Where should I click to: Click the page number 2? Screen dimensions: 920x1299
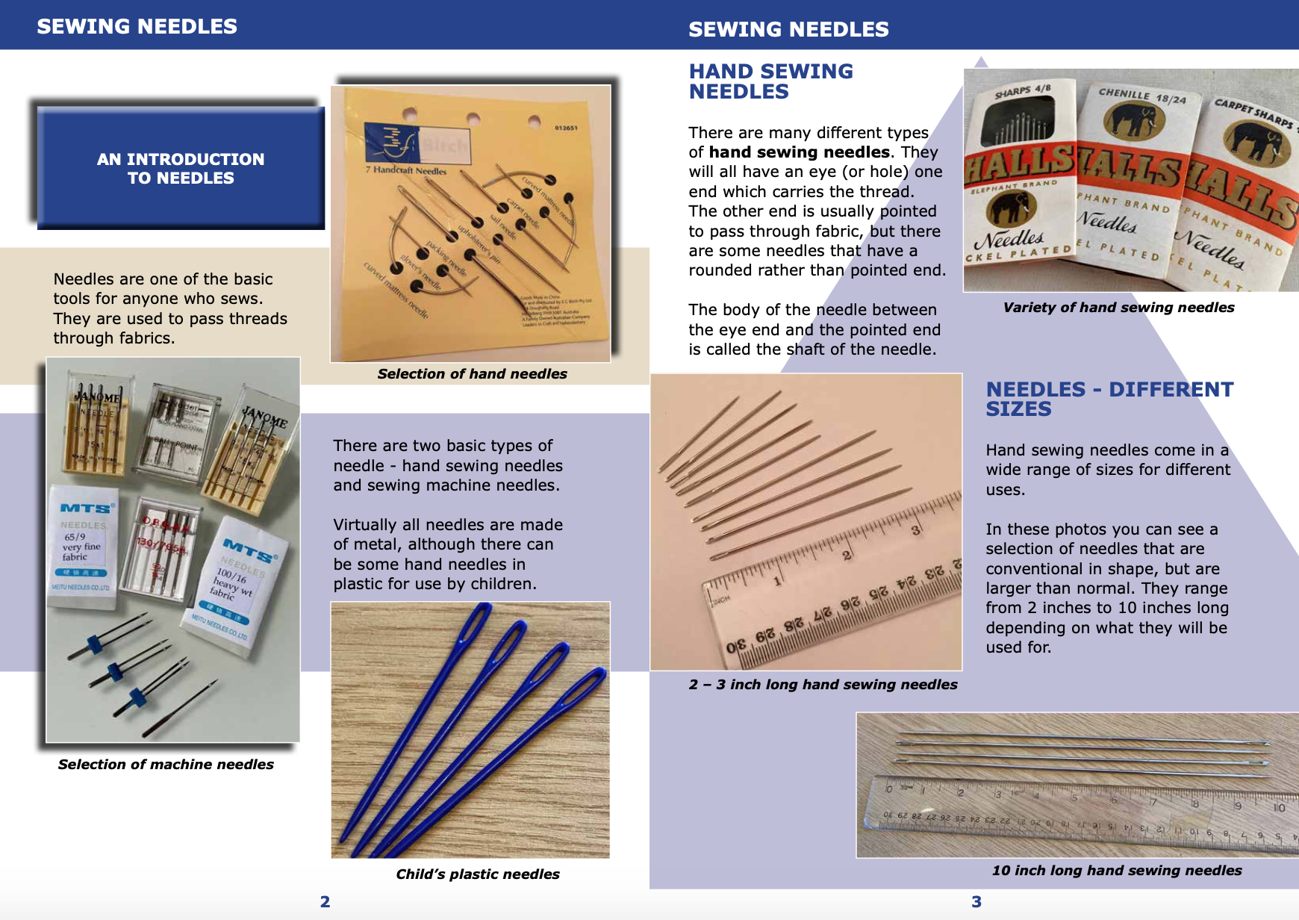point(325,901)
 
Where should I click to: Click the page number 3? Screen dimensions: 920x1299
point(976,901)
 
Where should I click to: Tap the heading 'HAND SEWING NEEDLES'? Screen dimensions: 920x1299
point(770,81)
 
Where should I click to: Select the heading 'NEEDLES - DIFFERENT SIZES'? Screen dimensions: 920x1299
point(1109,399)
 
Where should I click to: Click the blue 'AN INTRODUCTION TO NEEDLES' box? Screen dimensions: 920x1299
point(181,168)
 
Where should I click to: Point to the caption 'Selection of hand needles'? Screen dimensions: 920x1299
point(472,373)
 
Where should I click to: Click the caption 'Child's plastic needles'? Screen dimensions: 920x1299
point(477,874)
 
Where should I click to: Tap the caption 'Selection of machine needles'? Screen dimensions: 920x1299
point(166,764)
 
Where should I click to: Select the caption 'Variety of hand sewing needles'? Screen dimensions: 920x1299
point(1118,307)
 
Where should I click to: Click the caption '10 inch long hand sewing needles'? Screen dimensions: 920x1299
point(1116,870)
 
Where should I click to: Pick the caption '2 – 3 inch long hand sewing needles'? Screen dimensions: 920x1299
point(823,684)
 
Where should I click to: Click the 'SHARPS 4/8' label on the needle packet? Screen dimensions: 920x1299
point(1022,92)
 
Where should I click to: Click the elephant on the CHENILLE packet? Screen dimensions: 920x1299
point(1133,119)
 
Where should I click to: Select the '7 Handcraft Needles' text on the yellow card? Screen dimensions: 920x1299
point(406,170)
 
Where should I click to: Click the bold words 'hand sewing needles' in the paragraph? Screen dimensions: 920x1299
point(799,152)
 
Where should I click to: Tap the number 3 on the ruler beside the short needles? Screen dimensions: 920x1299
point(915,531)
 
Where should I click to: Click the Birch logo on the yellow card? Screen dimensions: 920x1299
point(418,143)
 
